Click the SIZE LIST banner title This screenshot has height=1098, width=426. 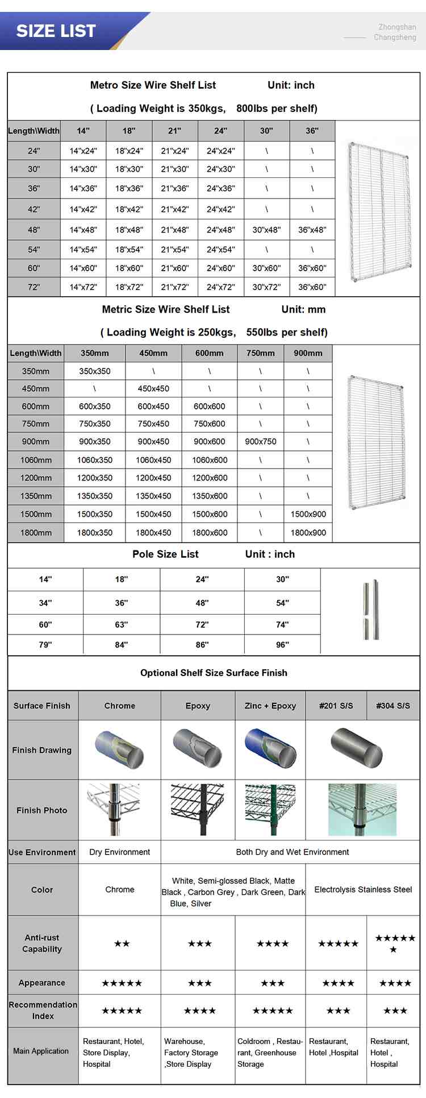pos(56,31)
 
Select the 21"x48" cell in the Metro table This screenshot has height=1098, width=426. pos(174,230)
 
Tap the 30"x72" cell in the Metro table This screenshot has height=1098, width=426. pos(266,287)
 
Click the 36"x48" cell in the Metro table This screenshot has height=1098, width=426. pos(312,230)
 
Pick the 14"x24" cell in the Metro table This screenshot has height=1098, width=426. pos(83,151)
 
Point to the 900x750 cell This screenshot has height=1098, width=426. pos(261,441)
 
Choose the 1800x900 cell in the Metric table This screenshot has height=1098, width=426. pos(308,533)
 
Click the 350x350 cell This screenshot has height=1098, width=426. pos(95,371)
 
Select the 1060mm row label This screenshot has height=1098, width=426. pos(36,460)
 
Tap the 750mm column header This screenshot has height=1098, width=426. pos(261,353)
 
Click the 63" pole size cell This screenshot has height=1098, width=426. pos(122,624)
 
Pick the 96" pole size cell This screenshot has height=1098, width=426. pos(282,645)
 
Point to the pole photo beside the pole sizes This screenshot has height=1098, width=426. pos(371,610)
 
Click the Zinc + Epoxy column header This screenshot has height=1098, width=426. pos(270,706)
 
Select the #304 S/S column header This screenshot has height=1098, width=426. pos(393,706)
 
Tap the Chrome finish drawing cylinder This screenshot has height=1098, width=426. pos(120,749)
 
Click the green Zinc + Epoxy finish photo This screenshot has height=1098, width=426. pos(270,810)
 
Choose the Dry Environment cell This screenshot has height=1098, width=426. pos(120,852)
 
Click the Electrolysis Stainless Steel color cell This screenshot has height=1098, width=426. pos(363,889)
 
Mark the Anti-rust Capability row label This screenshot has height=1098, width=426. pos(42,943)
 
